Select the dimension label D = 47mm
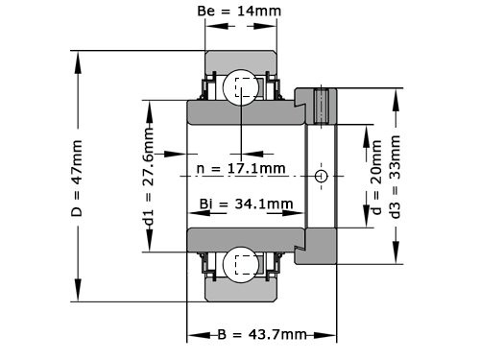click(78, 178)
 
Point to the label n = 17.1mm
click(241, 169)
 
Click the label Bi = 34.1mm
click(247, 204)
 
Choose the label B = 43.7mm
click(262, 335)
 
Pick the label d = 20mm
click(376, 178)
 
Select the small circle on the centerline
click(322, 177)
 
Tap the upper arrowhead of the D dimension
click(78, 55)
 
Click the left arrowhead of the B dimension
click(193, 335)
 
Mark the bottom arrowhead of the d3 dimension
click(396, 258)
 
